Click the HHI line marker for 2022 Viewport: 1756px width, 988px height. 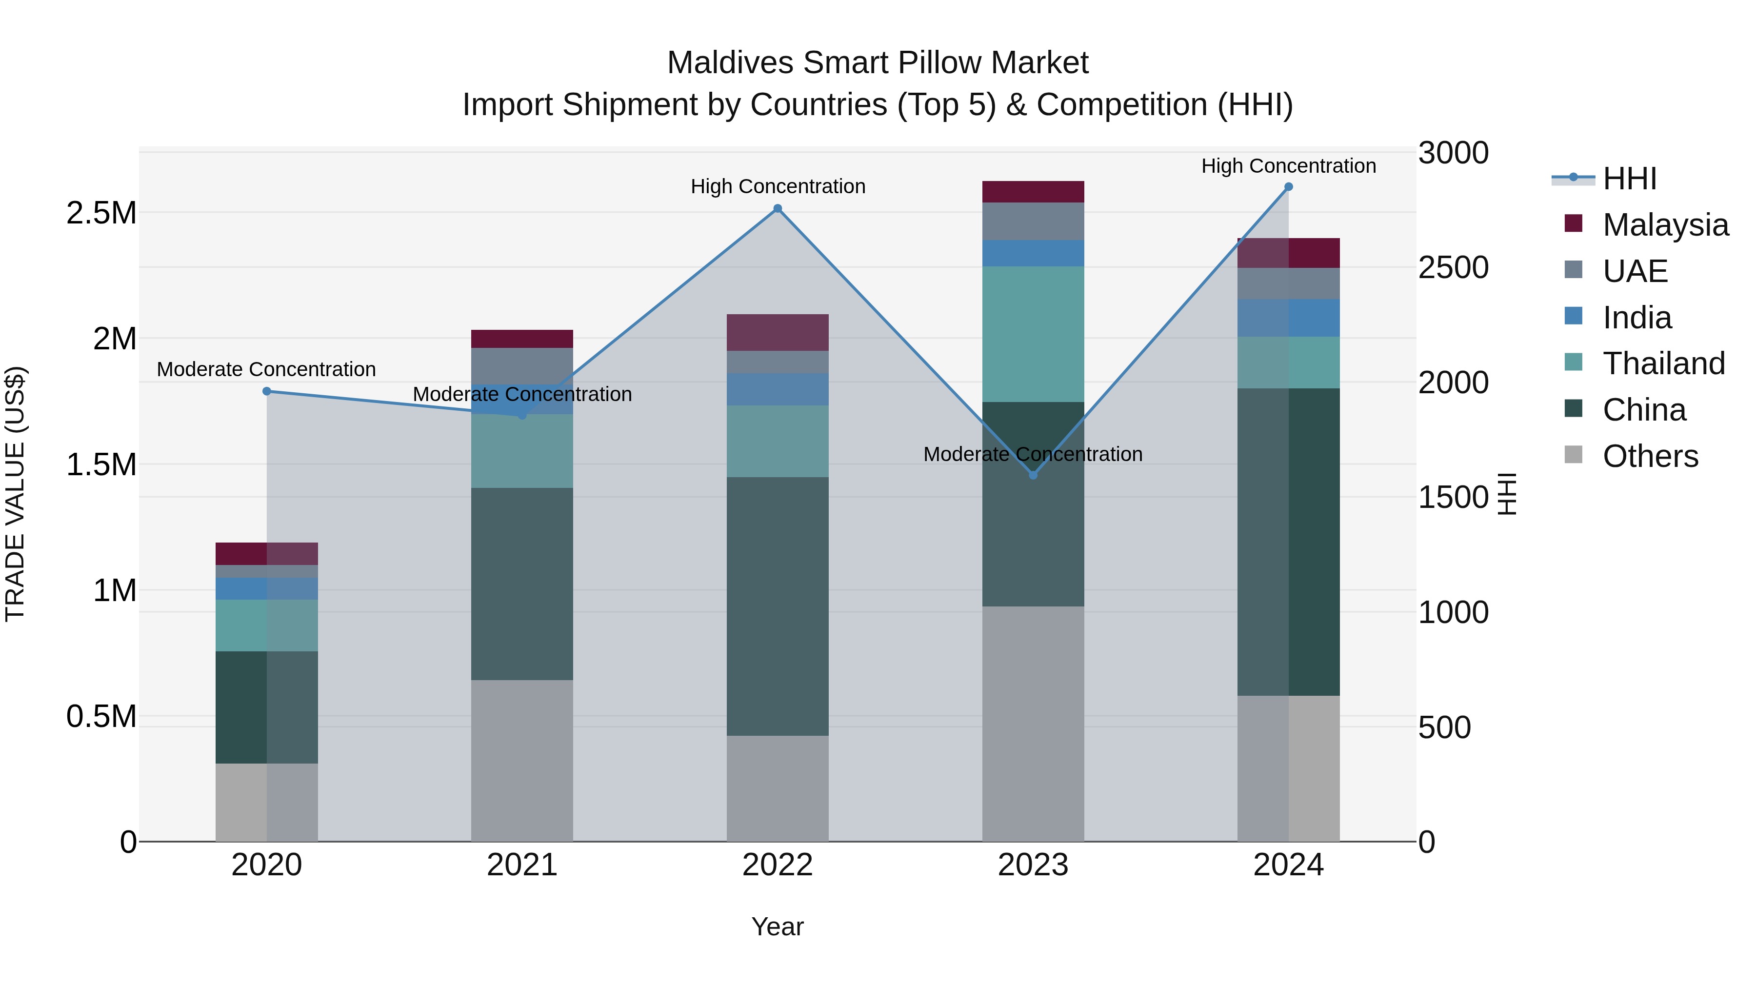point(777,209)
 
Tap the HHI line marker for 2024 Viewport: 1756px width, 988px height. point(1288,187)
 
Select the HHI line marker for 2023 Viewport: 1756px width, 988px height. point(1033,475)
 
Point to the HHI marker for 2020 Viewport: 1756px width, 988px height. point(266,391)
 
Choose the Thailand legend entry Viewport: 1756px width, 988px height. point(1663,363)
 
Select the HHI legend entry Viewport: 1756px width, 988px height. point(1629,179)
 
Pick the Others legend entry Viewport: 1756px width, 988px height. point(1650,456)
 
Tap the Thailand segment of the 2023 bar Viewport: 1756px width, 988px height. point(1033,334)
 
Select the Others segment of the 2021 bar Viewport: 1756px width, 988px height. point(521,760)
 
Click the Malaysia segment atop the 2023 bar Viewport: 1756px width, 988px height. point(1033,192)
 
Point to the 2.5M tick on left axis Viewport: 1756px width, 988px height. point(101,213)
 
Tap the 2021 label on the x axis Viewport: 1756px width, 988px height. point(521,865)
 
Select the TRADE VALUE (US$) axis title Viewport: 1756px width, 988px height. point(15,494)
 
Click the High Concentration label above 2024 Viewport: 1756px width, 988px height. point(1288,166)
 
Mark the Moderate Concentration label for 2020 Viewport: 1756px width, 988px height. point(266,369)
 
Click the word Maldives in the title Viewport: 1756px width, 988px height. point(731,63)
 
